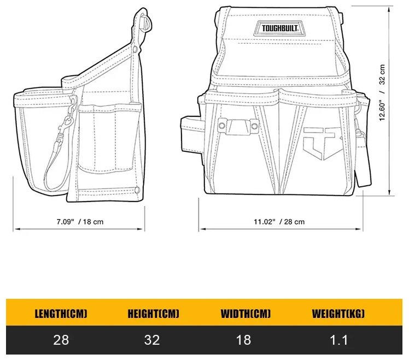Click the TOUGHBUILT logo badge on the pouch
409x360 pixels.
pos(279,28)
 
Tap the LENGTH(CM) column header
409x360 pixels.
pos(61,313)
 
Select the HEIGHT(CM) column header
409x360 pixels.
pos(153,313)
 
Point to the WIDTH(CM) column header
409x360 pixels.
pos(246,313)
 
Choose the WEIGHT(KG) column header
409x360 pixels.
pos(338,313)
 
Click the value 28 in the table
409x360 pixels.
pos(61,340)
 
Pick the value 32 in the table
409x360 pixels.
pos(152,340)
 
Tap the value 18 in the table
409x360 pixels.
pos(244,340)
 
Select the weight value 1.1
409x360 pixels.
pos(339,340)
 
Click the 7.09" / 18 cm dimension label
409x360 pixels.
pos(80,222)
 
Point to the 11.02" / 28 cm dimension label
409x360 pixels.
pos(279,222)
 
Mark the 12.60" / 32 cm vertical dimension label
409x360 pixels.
pos(382,92)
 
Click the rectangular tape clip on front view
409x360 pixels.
pos(238,126)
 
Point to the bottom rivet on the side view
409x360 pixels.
pos(137,190)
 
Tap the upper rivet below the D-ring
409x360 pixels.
pos(136,49)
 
